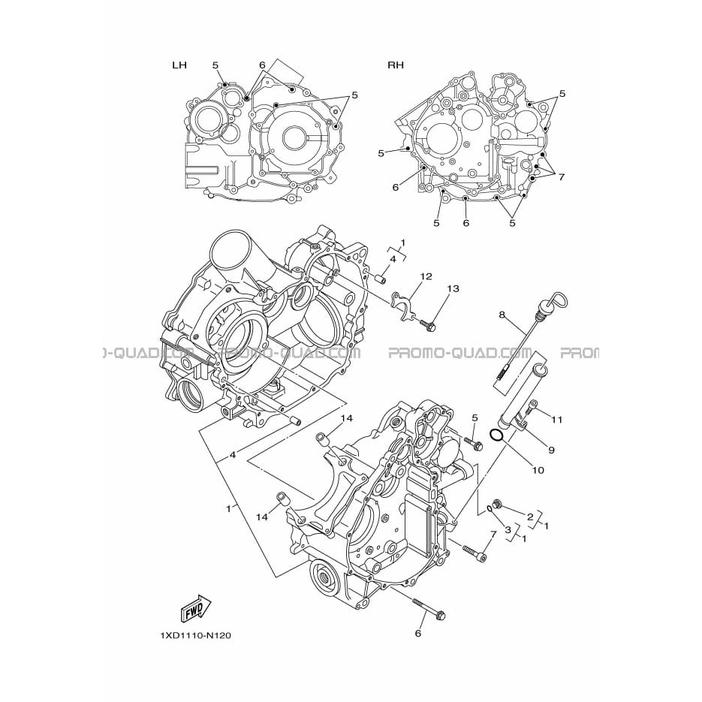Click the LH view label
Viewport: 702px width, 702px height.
click(x=179, y=65)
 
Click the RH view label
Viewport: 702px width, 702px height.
click(x=396, y=65)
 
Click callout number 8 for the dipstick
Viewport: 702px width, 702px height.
click(x=502, y=315)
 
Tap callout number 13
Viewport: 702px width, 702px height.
click(x=453, y=289)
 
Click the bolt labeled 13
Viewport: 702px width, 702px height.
click(x=428, y=325)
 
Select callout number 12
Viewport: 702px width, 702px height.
click(x=426, y=276)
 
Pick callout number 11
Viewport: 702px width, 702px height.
click(x=556, y=420)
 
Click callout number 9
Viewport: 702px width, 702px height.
click(x=551, y=450)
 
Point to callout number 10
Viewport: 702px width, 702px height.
click(x=538, y=470)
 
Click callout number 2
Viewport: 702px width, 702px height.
click(x=530, y=517)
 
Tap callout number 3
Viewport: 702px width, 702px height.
click(x=508, y=530)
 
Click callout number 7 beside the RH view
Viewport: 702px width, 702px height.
click(x=561, y=177)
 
